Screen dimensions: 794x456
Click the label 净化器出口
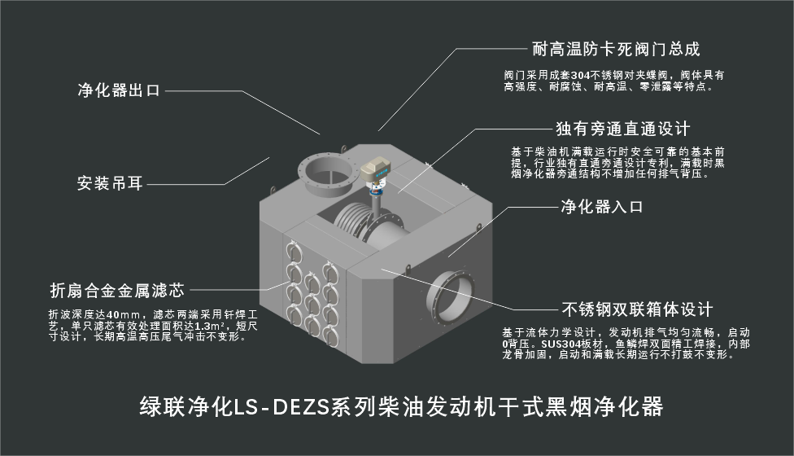[x=119, y=90]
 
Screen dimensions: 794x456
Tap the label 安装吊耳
[x=110, y=183]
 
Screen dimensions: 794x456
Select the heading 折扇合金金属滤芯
[x=117, y=291]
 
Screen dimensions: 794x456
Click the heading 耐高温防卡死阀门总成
[x=617, y=49]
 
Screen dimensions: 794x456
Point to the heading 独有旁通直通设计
[x=623, y=129]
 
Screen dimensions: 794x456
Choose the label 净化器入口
[x=602, y=207]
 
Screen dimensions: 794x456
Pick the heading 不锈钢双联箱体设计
[x=638, y=309]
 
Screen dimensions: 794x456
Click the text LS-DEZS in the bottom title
[x=280, y=407]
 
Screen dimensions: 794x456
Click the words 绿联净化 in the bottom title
[x=185, y=407]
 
